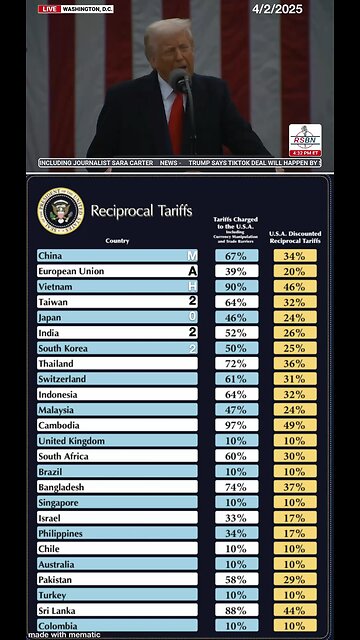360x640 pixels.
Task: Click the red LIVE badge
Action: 49,8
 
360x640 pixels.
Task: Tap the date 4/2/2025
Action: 277,9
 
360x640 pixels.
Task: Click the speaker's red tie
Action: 176,118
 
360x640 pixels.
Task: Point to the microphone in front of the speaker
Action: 180,81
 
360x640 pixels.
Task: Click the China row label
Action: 50,256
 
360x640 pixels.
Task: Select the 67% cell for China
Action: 236,256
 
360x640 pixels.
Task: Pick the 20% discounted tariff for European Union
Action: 295,271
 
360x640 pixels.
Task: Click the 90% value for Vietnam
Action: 236,287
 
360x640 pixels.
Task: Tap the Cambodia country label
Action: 59,425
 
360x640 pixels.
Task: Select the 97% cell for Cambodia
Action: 236,425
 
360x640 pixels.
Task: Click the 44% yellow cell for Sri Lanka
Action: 295,610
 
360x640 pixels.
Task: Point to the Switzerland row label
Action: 62,379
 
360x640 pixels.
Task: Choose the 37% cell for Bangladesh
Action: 295,487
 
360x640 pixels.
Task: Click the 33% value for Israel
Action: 236,518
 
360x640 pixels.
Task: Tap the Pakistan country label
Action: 57,579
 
